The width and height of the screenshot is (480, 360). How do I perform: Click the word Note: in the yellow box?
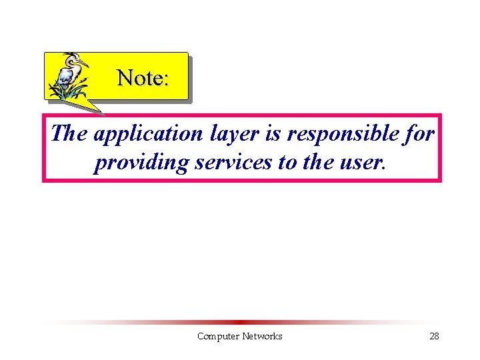(x=143, y=78)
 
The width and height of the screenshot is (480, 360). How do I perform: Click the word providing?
(x=141, y=162)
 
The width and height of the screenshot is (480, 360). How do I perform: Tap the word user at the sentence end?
(x=363, y=162)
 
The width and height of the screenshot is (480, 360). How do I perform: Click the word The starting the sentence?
(x=69, y=133)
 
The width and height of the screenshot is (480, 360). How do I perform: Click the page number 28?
(x=434, y=337)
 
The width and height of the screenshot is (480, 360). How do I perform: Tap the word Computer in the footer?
(x=218, y=337)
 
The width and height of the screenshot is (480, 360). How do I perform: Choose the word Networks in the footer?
(x=262, y=337)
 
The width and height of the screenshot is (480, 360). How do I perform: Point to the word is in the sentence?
(x=273, y=134)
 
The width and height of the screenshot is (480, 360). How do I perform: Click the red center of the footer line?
(x=240, y=322)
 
